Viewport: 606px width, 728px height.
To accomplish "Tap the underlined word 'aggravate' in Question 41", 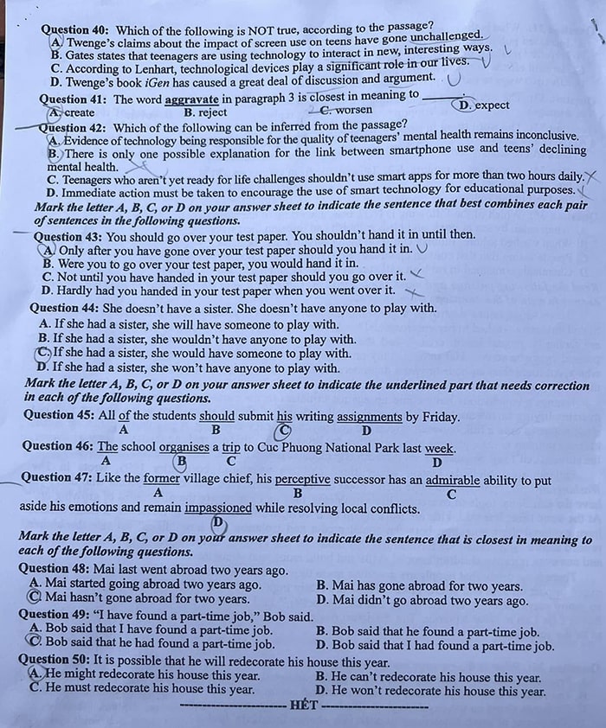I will click(192, 99).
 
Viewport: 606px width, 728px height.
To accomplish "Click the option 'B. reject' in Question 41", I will click(205, 112).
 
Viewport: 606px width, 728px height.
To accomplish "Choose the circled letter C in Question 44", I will click(44, 353).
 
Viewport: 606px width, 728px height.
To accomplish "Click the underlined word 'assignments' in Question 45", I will click(369, 417).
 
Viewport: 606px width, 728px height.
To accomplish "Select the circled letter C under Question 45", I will click(283, 431).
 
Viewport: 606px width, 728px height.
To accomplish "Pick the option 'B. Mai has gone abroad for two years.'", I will click(419, 585).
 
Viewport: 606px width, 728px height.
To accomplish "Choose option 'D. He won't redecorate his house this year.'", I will click(430, 691).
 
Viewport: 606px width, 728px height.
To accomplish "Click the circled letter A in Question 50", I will click(35, 674).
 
